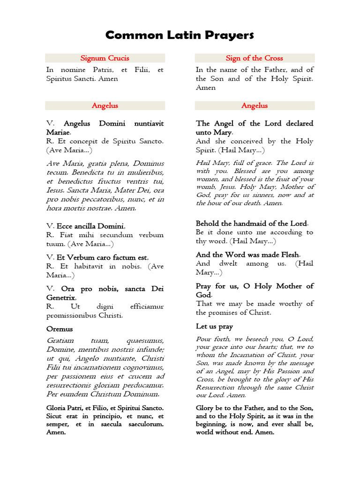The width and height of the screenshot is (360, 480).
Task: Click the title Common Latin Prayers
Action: click(x=180, y=35)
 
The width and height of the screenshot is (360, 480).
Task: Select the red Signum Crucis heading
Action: click(x=105, y=58)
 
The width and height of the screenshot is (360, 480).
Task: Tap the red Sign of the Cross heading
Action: click(x=255, y=58)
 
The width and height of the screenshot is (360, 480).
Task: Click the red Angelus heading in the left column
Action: click(x=105, y=105)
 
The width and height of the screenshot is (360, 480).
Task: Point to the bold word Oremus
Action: click(x=60, y=329)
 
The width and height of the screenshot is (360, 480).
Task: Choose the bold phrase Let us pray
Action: click(x=214, y=326)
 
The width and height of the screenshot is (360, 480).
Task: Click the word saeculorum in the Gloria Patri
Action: click(x=143, y=424)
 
